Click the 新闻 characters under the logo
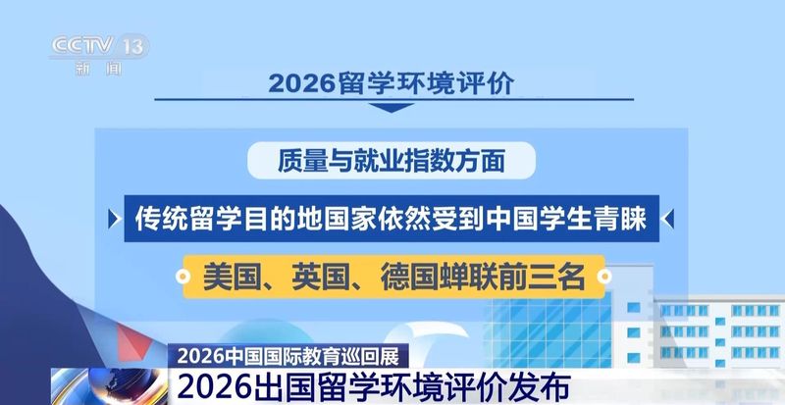[98, 69]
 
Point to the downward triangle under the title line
[392, 108]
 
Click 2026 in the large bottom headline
[212, 385]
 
